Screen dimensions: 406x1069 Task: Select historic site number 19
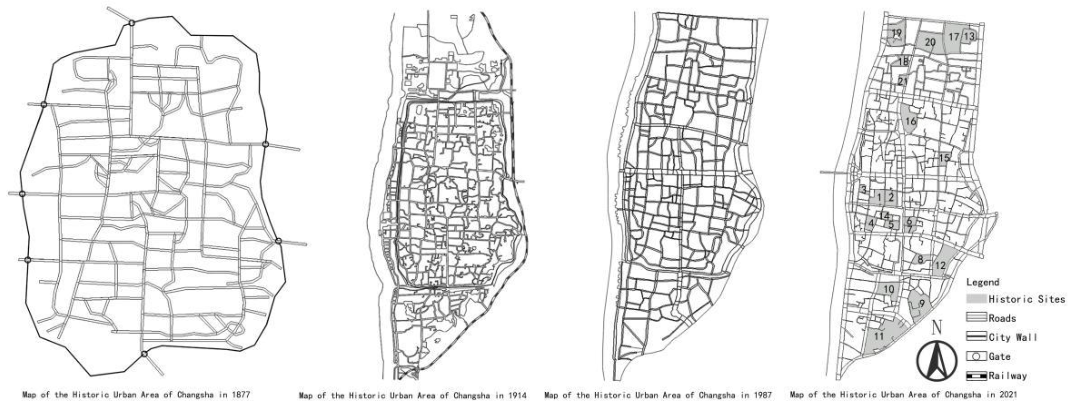897,33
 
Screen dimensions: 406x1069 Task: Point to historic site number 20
930,42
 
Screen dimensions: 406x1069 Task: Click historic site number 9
922,303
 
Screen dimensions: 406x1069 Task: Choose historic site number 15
944,158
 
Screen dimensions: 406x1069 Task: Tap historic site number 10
888,289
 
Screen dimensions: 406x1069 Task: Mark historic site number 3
864,190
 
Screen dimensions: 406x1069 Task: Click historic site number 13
969,37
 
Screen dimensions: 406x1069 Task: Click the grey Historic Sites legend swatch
976,299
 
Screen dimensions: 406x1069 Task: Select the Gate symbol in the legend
976,356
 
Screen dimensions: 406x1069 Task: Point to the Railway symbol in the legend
976,376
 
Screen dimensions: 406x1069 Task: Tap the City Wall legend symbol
976,337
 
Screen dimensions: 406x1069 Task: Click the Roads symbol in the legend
976,318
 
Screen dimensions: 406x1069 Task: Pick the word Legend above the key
983,282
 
